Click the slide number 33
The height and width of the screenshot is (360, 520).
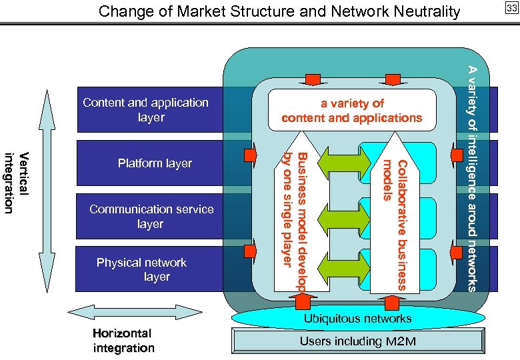(511, 8)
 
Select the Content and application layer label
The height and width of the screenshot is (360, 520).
(145, 110)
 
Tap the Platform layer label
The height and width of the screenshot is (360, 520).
(155, 163)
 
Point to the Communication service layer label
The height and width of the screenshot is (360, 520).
(151, 217)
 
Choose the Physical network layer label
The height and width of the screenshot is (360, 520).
(142, 269)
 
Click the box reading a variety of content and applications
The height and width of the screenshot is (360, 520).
(351, 111)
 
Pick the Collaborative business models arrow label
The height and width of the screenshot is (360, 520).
(395, 223)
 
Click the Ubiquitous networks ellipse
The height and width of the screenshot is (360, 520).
(357, 319)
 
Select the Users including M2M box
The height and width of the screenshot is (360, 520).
(357, 342)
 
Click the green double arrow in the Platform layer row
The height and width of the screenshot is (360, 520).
(343, 161)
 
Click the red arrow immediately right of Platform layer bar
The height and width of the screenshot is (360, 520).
(250, 156)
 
